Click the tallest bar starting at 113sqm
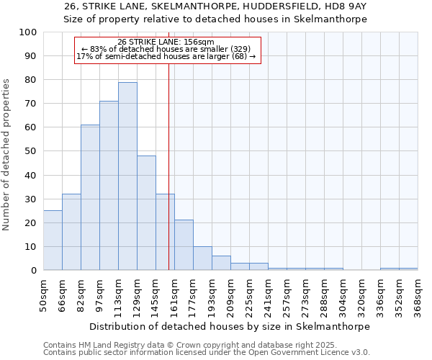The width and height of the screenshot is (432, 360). click(x=127, y=176)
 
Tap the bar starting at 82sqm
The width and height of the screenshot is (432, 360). click(x=90, y=197)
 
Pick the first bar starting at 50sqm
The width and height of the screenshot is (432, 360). click(x=53, y=240)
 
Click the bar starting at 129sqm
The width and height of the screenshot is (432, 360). click(x=146, y=213)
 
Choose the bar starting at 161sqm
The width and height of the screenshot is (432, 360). click(x=184, y=246)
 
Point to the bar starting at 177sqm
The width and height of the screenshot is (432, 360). click(x=202, y=258)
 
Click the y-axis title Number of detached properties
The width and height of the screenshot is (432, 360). click(x=7, y=155)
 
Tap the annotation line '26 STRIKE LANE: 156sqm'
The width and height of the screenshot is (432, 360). click(x=166, y=42)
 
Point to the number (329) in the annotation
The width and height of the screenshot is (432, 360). click(x=240, y=49)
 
